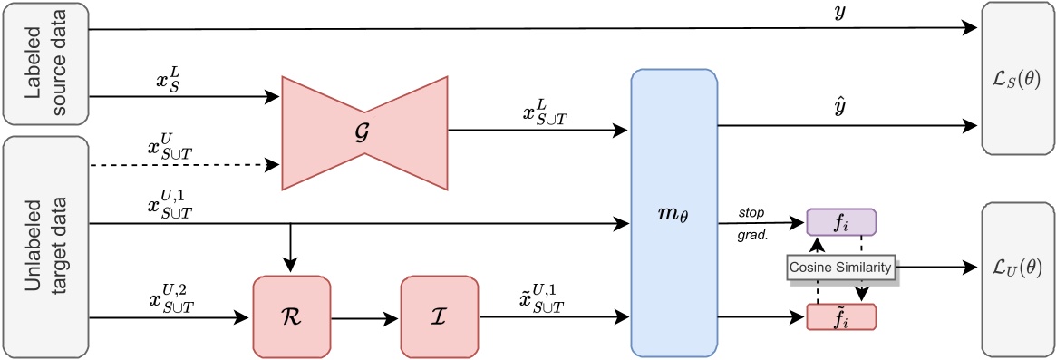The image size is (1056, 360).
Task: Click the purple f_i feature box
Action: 840,223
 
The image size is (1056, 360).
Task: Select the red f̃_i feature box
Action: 840,317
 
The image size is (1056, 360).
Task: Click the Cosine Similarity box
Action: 840,268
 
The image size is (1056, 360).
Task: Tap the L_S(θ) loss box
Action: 1018,75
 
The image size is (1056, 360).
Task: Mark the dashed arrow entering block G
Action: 181,166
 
